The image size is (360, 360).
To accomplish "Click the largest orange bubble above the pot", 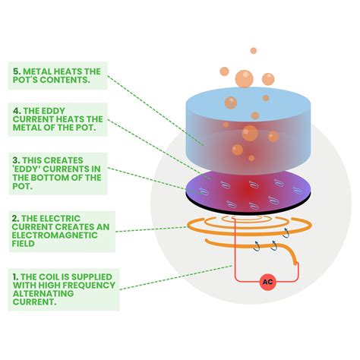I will (x=243, y=78).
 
